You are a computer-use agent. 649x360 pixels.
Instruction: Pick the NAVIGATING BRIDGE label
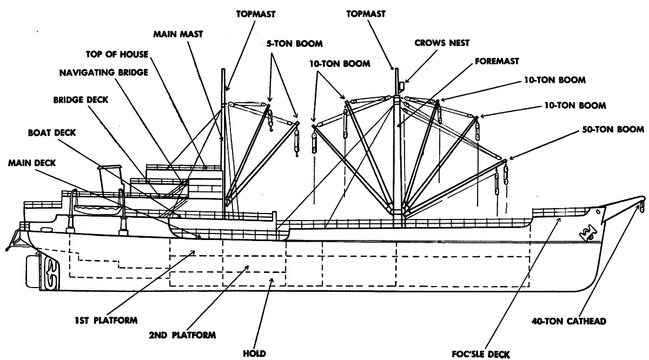pyautogui.click(x=104, y=72)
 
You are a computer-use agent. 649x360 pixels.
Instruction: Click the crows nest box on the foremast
pyautogui.click(x=401, y=86)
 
